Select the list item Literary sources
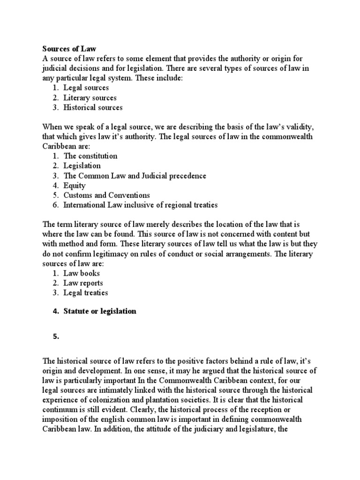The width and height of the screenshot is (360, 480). pos(90,97)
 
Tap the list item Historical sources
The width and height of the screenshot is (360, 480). pos(93,107)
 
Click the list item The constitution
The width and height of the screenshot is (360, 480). pos(90,156)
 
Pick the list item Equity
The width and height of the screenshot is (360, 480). pos(75,185)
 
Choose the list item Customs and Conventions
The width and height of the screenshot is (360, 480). pos(106,195)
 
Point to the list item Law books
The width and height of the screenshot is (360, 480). pos(82,273)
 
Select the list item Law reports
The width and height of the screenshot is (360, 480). pos(83,283)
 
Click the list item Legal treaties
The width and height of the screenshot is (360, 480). pos(86,292)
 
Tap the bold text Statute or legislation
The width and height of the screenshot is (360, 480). pos(100,311)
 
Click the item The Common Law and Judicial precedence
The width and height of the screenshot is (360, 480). pos(135,175)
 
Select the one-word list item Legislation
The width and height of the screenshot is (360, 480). pos(82,165)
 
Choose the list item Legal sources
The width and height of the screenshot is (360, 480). pos(86,88)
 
